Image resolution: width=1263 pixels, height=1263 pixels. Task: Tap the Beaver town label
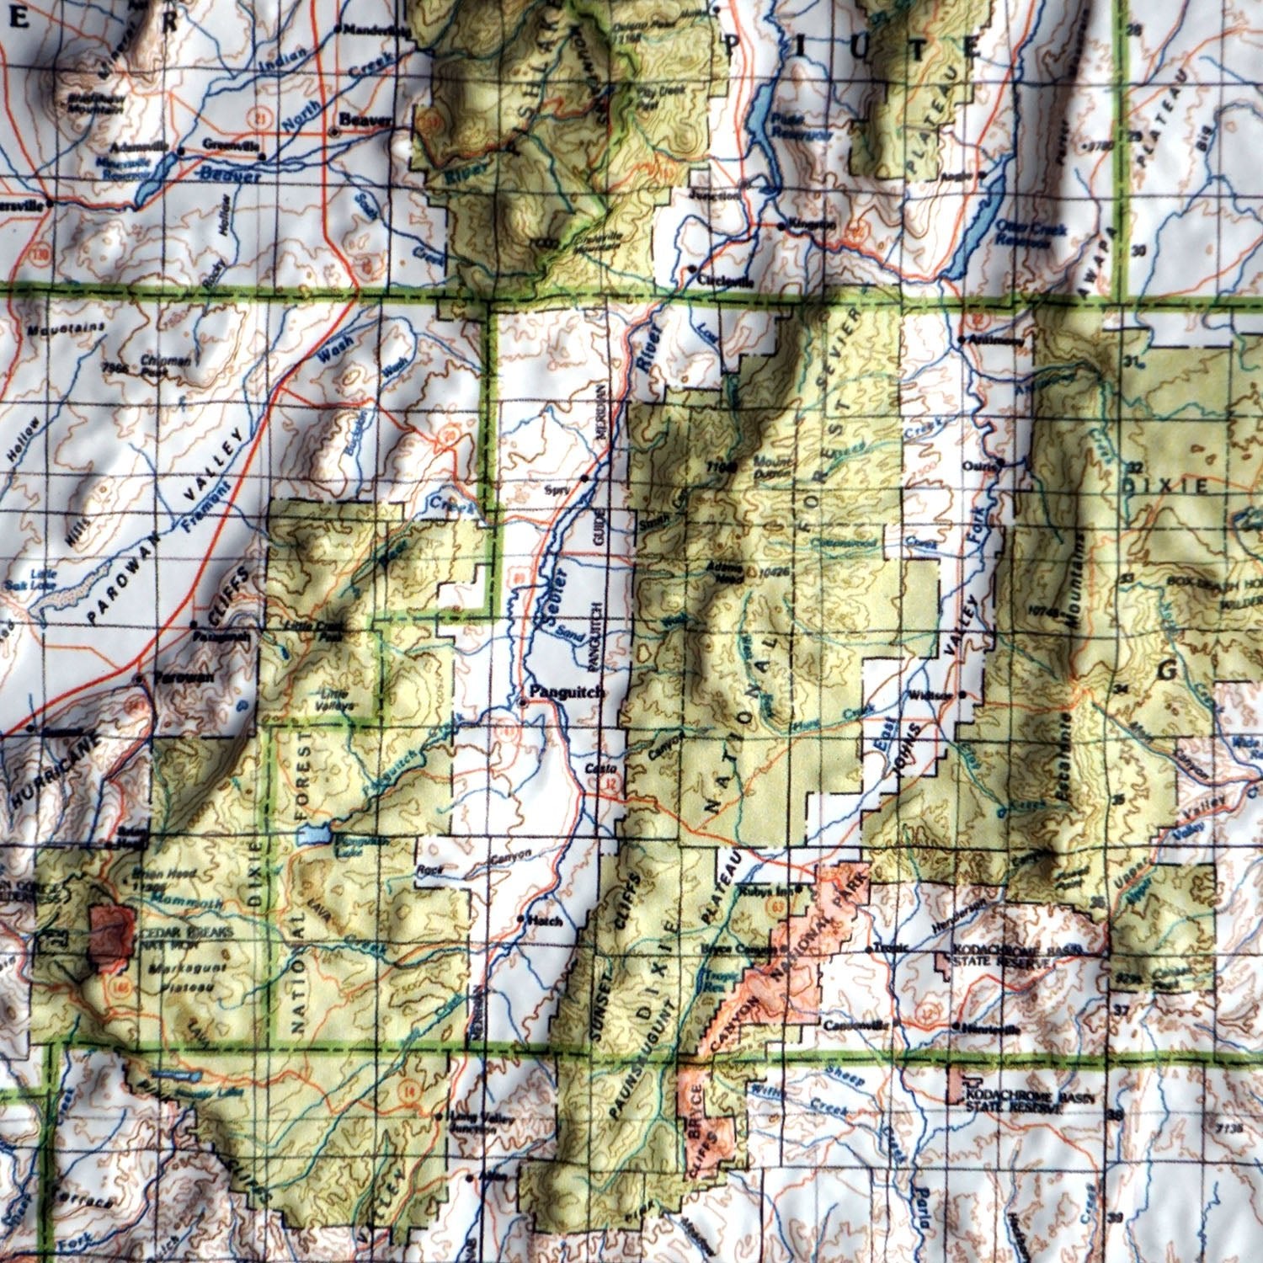click(x=365, y=120)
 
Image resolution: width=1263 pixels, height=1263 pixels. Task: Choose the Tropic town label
click(x=891, y=947)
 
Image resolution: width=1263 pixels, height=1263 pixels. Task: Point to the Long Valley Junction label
click(x=471, y=1123)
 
